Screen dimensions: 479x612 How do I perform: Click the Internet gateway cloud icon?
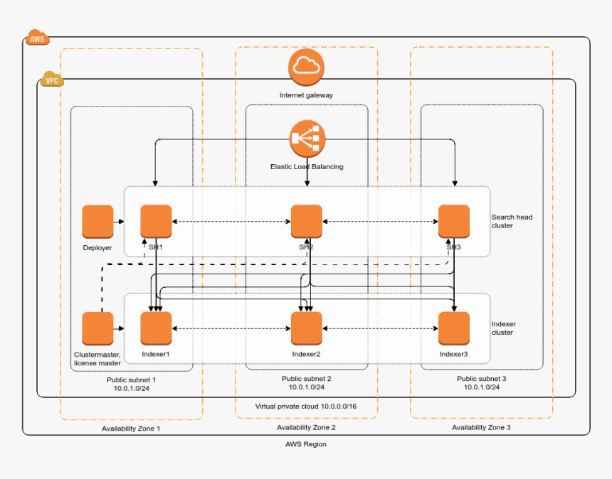tap(307, 67)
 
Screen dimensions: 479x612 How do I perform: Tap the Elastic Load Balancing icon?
tap(307, 138)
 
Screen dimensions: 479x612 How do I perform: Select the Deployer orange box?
tap(97, 221)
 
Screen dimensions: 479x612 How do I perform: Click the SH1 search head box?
tap(156, 221)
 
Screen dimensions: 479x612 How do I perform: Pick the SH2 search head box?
tap(307, 221)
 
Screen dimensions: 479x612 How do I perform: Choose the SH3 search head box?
tap(453, 221)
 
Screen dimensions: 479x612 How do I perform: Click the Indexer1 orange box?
tap(156, 328)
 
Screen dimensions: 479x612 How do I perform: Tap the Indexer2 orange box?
tap(307, 328)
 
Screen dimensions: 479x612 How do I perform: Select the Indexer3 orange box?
tap(453, 328)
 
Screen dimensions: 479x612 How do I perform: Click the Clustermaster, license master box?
tap(97, 328)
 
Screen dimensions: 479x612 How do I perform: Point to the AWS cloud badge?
tap(36, 38)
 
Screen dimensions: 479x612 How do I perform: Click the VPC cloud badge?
tap(52, 80)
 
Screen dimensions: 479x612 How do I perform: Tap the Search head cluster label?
tap(512, 221)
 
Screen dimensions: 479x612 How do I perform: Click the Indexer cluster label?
tap(504, 328)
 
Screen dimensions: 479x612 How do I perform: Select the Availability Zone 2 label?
tap(306, 428)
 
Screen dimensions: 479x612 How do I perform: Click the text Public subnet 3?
tap(482, 379)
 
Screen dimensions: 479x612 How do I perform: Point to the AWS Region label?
tap(306, 444)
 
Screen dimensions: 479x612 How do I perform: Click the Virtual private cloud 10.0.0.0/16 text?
tap(306, 407)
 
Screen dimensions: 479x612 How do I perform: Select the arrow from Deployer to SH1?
tap(120, 221)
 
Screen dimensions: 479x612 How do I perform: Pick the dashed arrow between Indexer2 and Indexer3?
tap(379, 328)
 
